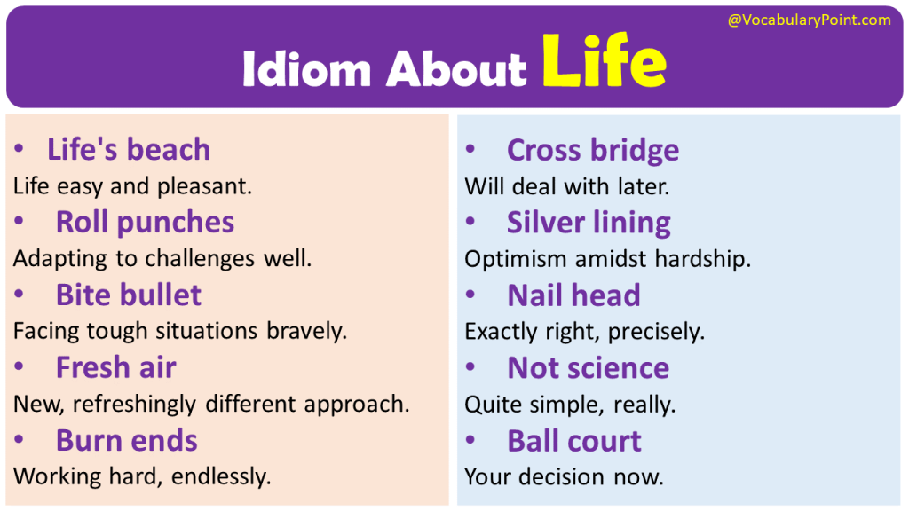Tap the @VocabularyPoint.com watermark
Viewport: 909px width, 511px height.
coord(809,20)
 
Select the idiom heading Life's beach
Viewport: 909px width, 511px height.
coord(129,150)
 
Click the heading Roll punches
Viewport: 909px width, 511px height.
coord(145,222)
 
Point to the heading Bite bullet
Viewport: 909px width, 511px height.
coord(129,295)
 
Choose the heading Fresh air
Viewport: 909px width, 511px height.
coord(116,367)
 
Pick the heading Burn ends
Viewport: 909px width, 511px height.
coord(127,440)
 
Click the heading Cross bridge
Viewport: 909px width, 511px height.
coord(593,150)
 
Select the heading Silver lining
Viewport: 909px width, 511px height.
coord(589,223)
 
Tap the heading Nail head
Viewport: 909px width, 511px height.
coord(573,295)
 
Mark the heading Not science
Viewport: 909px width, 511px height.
coord(588,368)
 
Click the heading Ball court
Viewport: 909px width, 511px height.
coord(573,441)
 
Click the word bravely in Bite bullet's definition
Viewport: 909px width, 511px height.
coord(307,332)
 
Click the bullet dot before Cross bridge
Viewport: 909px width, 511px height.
coord(470,150)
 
